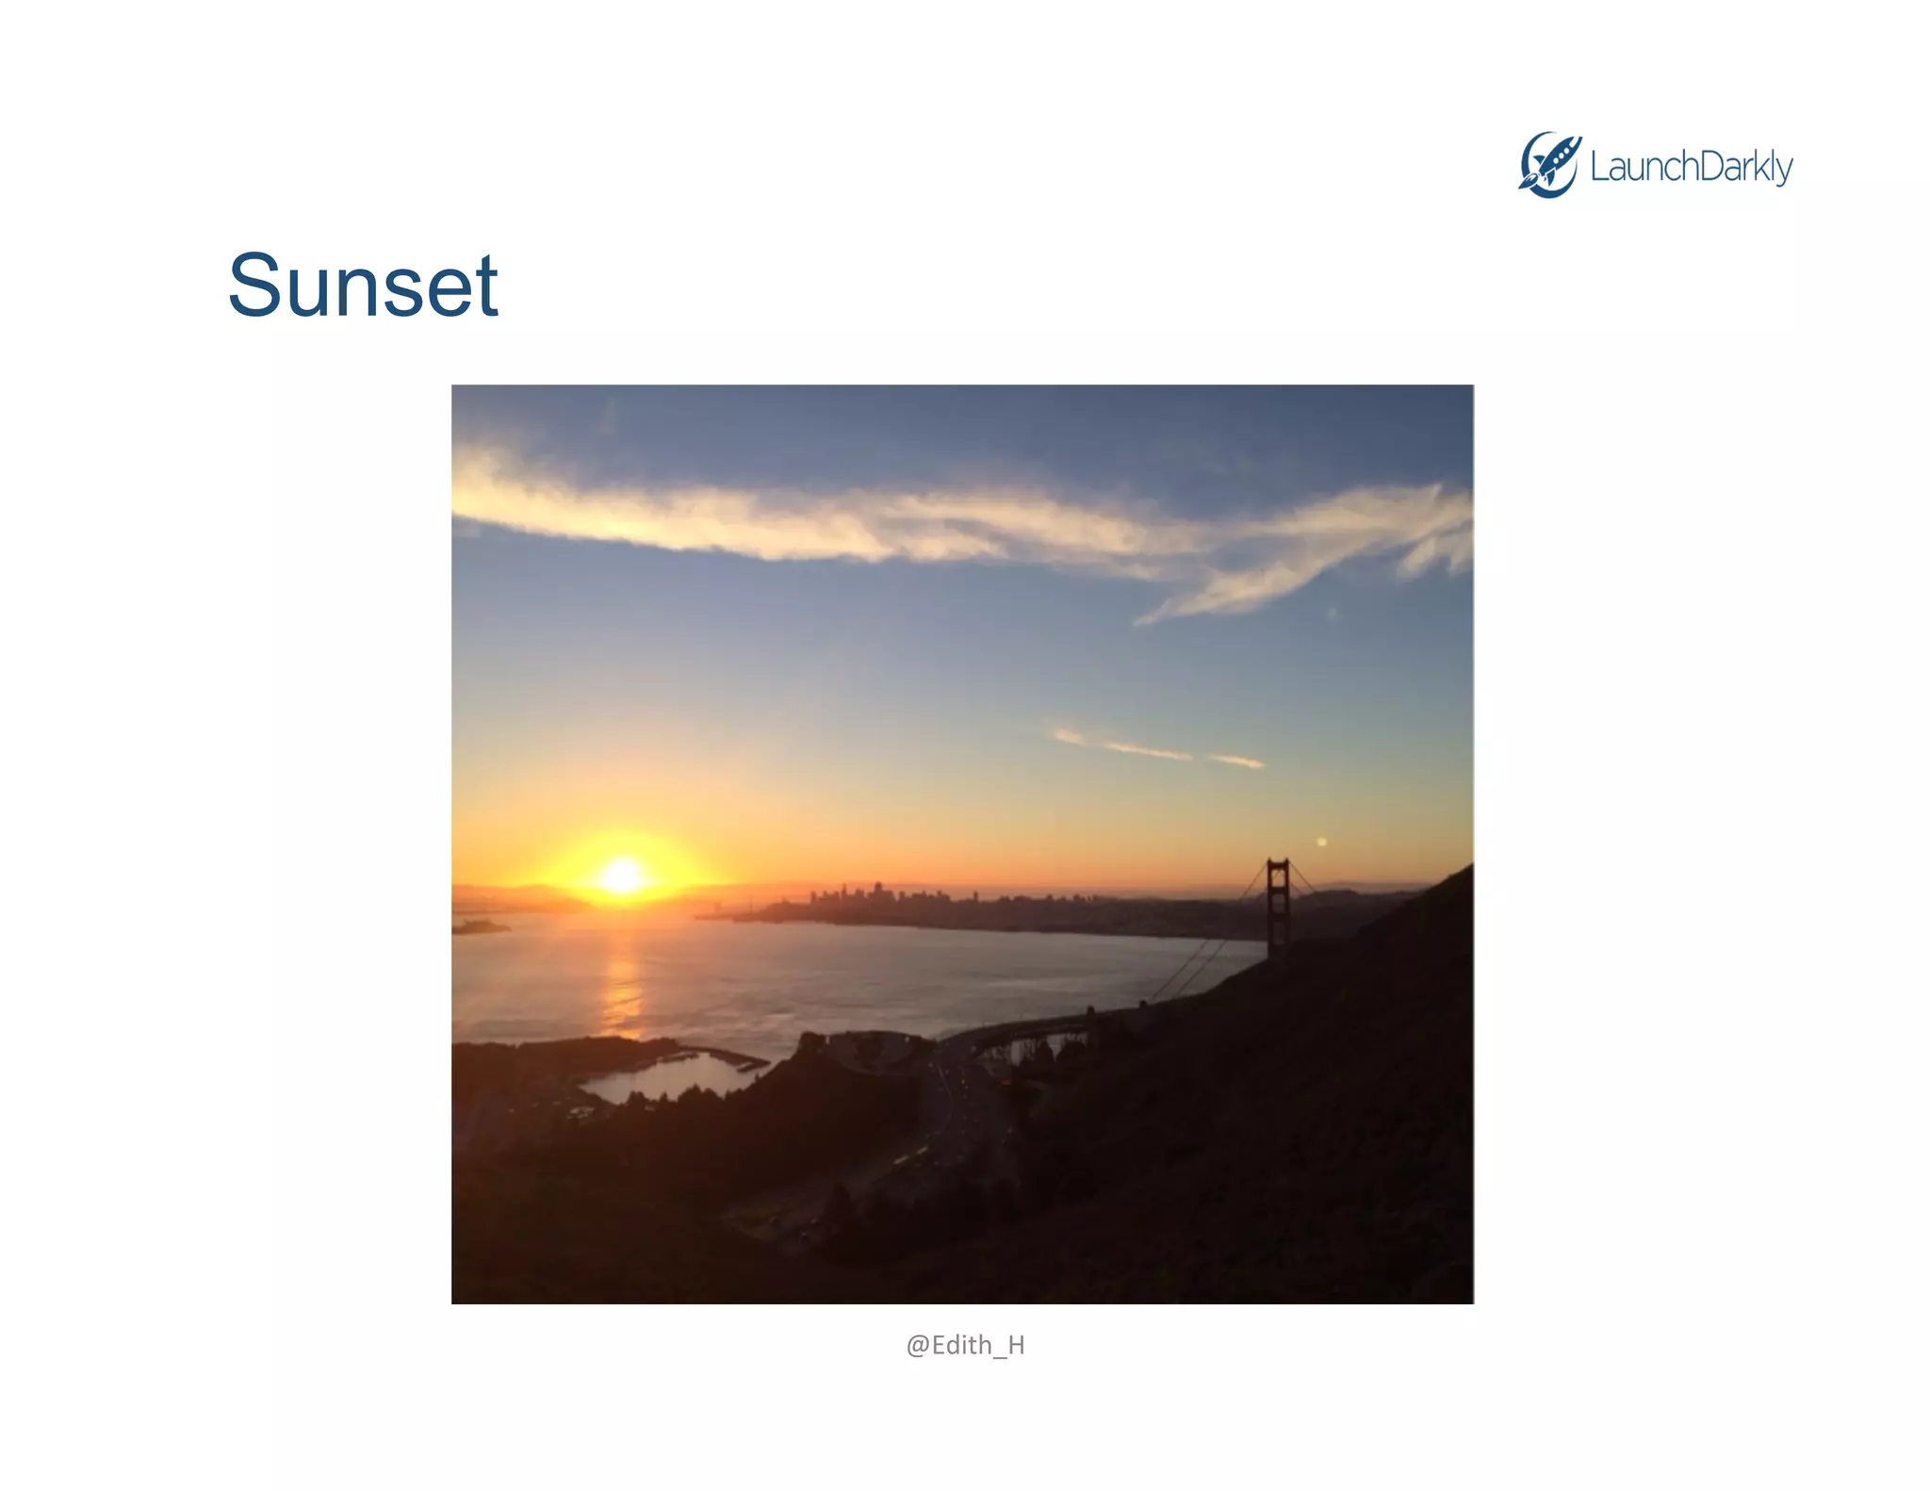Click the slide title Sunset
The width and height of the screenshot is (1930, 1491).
pyautogui.click(x=363, y=286)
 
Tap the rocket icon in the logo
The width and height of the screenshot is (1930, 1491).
pyautogui.click(x=1548, y=165)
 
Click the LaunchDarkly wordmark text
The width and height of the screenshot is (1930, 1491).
pyautogui.click(x=1691, y=167)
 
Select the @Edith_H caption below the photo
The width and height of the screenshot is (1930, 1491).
pyautogui.click(x=965, y=1345)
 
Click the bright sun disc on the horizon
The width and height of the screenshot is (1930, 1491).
pyautogui.click(x=622, y=876)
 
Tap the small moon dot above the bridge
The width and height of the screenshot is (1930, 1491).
pyautogui.click(x=1321, y=842)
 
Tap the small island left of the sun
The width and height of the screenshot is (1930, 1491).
pyautogui.click(x=478, y=927)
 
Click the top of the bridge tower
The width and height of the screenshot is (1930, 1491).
pyautogui.click(x=1278, y=863)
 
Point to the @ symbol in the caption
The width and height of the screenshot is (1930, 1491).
pyautogui.click(x=918, y=1346)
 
